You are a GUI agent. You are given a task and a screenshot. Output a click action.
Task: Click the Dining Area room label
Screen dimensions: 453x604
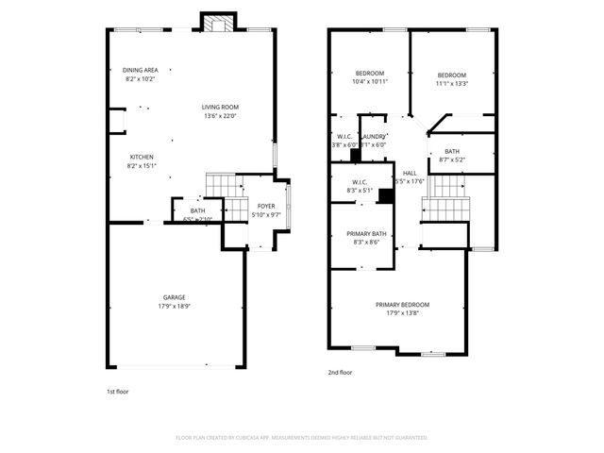[140, 70]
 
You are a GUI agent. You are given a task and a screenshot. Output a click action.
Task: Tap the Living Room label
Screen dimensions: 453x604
[220, 107]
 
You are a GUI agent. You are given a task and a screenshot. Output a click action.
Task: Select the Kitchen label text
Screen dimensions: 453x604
[142, 157]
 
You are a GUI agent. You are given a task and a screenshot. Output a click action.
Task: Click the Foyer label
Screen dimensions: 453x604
[266, 206]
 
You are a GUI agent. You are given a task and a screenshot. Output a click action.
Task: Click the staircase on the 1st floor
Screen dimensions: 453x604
[220, 185]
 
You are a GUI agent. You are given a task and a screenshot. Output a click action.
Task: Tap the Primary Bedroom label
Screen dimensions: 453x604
[402, 305]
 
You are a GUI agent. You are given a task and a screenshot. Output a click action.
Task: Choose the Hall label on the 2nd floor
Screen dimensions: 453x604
[410, 173]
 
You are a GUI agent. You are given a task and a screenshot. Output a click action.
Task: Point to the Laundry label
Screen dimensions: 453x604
[372, 136]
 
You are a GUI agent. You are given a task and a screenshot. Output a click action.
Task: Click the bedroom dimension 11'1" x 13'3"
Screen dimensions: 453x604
[451, 84]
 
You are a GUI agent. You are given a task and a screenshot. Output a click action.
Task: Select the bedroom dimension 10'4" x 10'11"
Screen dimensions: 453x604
[369, 82]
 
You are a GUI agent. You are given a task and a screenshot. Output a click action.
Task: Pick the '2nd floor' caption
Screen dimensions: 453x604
[339, 373]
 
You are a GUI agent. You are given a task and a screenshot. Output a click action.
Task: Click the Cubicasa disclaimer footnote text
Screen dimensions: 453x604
[301, 438]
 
